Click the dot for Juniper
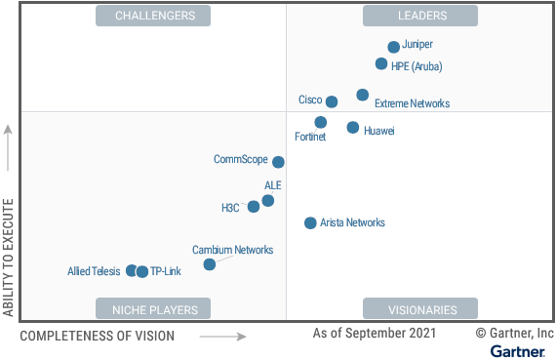(x=393, y=47)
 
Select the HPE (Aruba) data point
(x=381, y=64)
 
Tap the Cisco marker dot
(x=332, y=101)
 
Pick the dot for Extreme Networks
(x=362, y=95)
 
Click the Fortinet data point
(x=321, y=122)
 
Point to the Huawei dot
(x=352, y=127)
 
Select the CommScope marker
(x=278, y=162)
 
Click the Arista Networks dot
(x=310, y=223)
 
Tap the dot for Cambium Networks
(x=209, y=264)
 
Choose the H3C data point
(x=254, y=206)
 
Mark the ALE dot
(x=267, y=201)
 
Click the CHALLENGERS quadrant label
(x=155, y=16)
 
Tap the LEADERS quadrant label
(x=420, y=16)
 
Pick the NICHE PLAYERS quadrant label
(x=155, y=309)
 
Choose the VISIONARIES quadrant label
(x=420, y=309)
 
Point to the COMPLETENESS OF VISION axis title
(x=98, y=337)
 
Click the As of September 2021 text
(x=375, y=334)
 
